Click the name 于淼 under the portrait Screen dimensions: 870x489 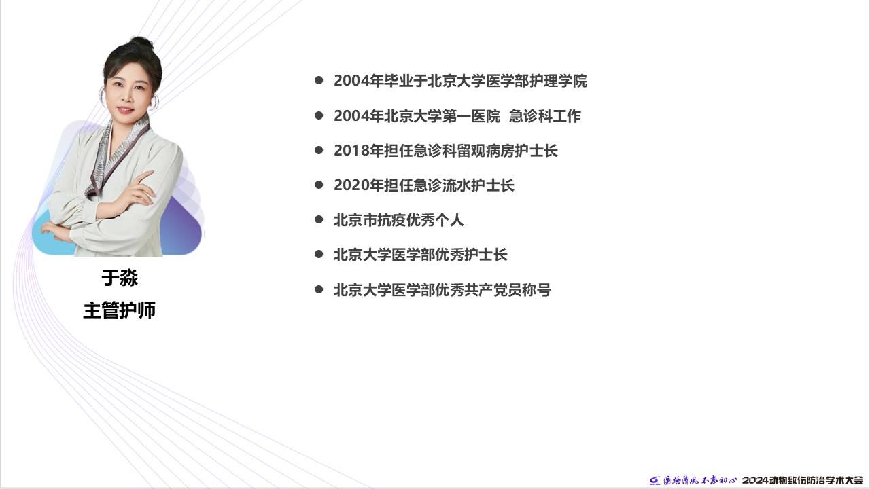tap(120, 278)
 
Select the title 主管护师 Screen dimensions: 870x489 tap(120, 310)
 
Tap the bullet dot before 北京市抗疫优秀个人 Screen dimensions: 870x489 tap(319, 219)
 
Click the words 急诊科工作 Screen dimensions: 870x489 tap(545, 116)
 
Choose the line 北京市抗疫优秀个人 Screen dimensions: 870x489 tap(399, 220)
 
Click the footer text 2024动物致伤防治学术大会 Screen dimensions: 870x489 tap(803, 480)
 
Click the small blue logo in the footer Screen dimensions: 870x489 tap(655, 481)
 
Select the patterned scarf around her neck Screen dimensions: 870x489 tap(116, 156)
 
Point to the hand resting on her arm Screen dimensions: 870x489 tap(140, 190)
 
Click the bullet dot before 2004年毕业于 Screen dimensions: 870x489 tap(319, 81)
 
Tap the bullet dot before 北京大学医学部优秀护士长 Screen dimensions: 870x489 tap(319, 255)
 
